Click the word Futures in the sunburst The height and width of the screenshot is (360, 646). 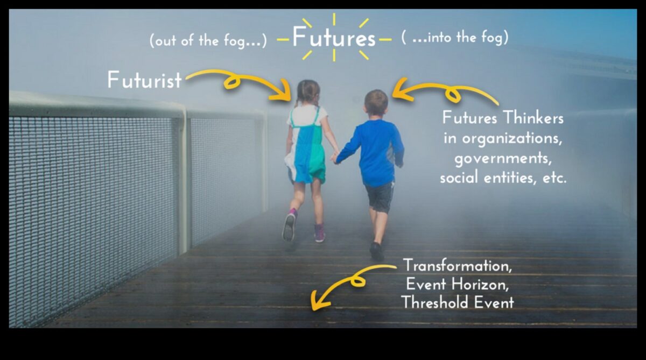pos(334,38)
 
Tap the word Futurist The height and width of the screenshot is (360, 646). pos(144,80)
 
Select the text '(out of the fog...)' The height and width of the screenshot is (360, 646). pos(208,41)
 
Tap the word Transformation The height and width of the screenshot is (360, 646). pos(457,265)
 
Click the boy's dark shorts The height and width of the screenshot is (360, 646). pos(380,196)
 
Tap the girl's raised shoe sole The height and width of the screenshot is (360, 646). pos(289,227)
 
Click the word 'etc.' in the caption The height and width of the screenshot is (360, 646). pos(554,179)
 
